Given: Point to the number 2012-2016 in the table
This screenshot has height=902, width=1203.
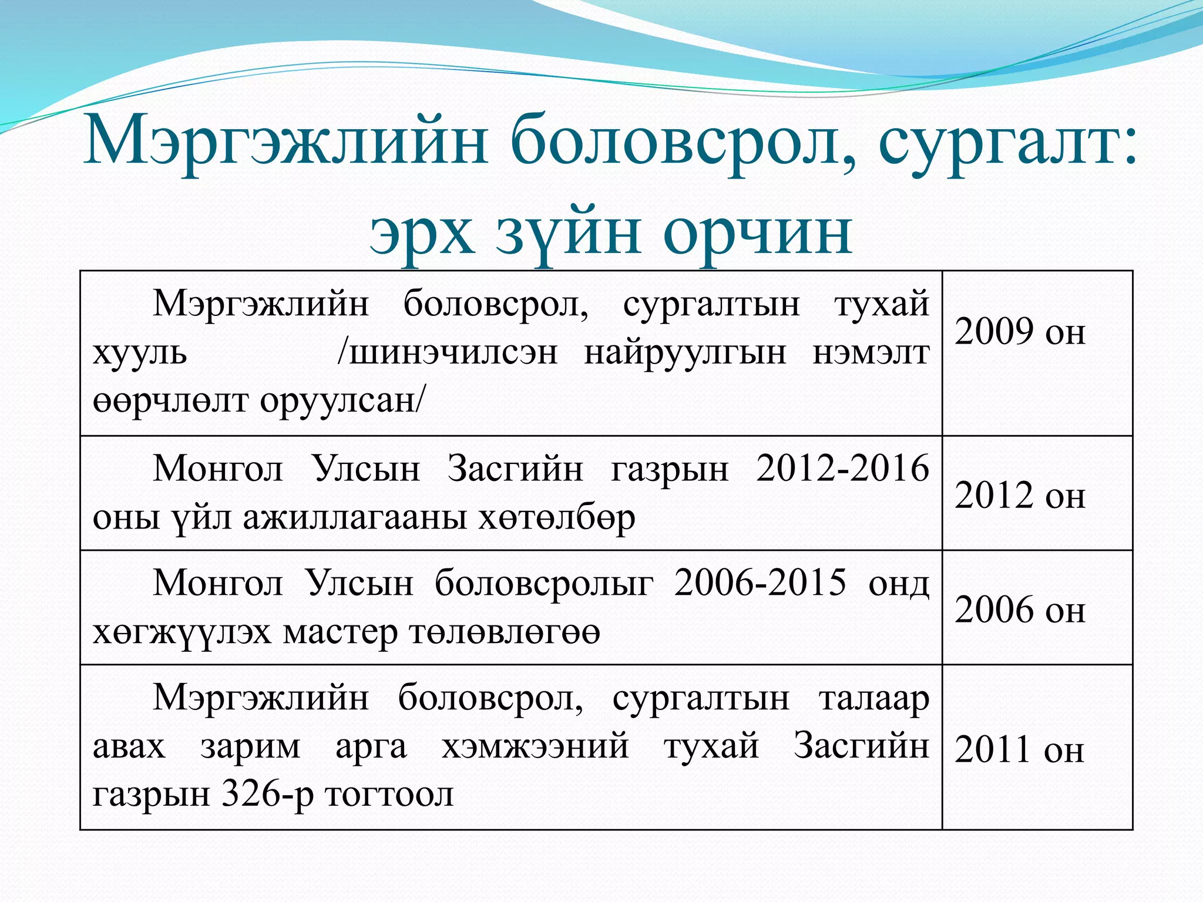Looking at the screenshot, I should click(842, 469).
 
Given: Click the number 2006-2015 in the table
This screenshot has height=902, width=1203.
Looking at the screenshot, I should click(760, 583).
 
